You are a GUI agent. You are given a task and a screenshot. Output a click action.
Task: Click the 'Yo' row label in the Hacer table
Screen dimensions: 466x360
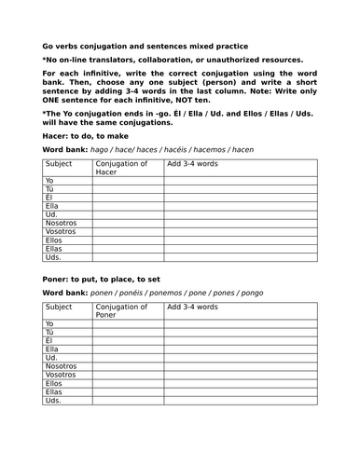pos(51,182)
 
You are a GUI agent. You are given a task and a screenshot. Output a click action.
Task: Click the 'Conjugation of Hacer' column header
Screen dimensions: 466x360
pos(121,168)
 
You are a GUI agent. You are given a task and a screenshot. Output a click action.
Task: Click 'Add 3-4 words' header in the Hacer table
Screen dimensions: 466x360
pos(192,164)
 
